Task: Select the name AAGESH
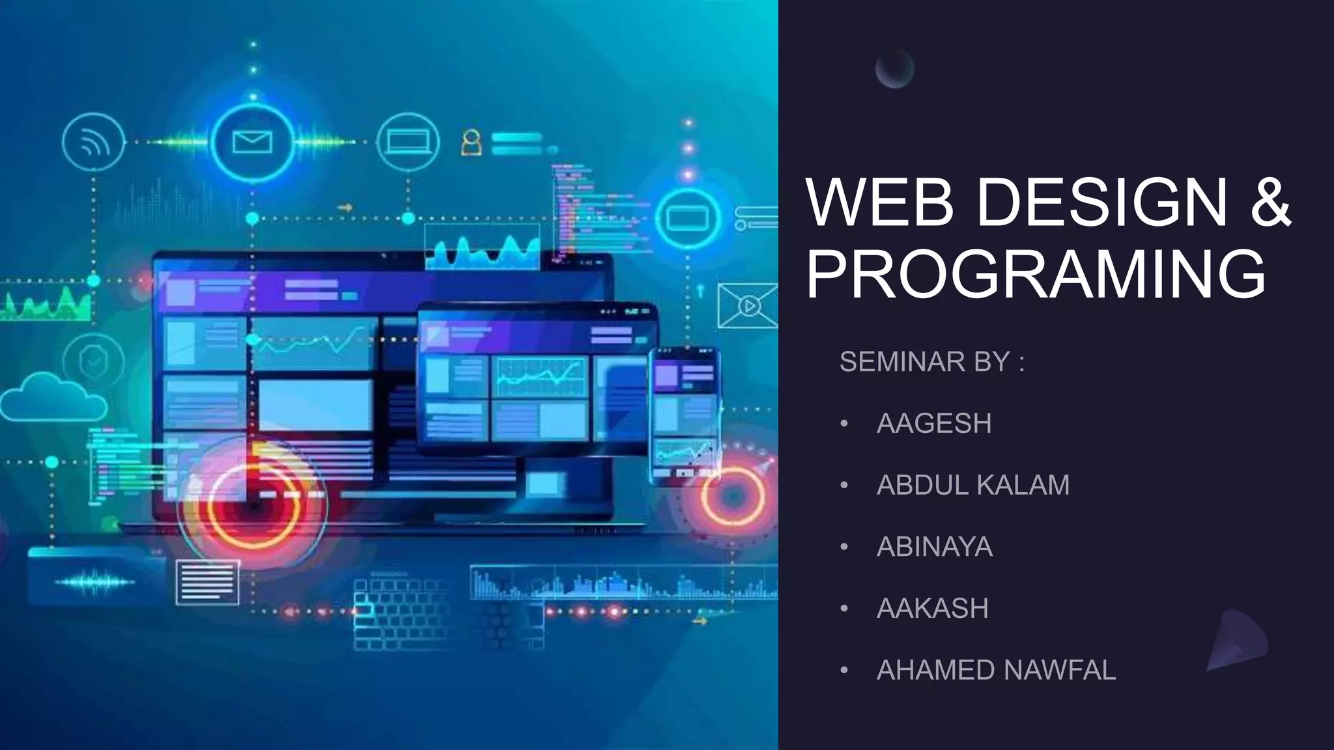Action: [934, 424]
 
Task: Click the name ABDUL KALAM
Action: [973, 486]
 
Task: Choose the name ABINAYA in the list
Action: [935, 547]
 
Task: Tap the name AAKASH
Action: [933, 609]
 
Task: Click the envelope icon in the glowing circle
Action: [252, 142]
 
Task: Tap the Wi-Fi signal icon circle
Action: [93, 142]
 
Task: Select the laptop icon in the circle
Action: [408, 142]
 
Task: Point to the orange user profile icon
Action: [472, 143]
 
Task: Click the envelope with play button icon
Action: [748, 305]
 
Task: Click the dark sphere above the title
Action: [894, 69]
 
